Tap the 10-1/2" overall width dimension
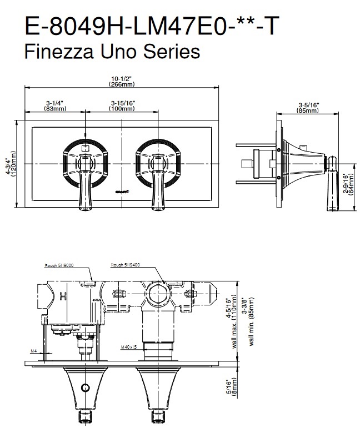coord(122,81)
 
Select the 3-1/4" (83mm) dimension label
coord(54,105)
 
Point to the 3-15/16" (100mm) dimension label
coord(123,105)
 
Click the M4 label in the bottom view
coord(33,351)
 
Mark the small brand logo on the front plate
coord(121,192)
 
